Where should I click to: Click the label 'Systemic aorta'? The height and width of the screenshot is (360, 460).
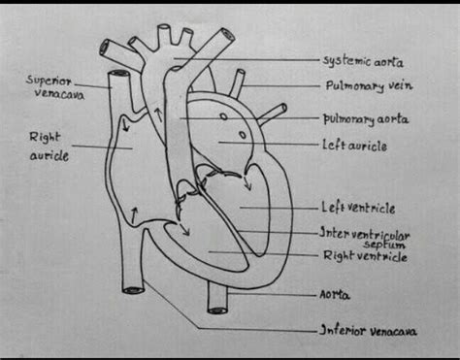[x=363, y=61]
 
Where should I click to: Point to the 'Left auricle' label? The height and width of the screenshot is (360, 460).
[x=355, y=146]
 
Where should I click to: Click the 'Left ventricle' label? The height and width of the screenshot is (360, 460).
[x=357, y=207]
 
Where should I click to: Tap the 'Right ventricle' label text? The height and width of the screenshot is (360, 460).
[x=364, y=257]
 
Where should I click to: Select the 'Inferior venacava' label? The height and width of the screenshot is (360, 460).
[x=369, y=331]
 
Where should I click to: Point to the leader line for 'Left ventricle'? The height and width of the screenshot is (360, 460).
[x=280, y=207]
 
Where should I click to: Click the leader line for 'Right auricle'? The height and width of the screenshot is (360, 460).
[x=91, y=147]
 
